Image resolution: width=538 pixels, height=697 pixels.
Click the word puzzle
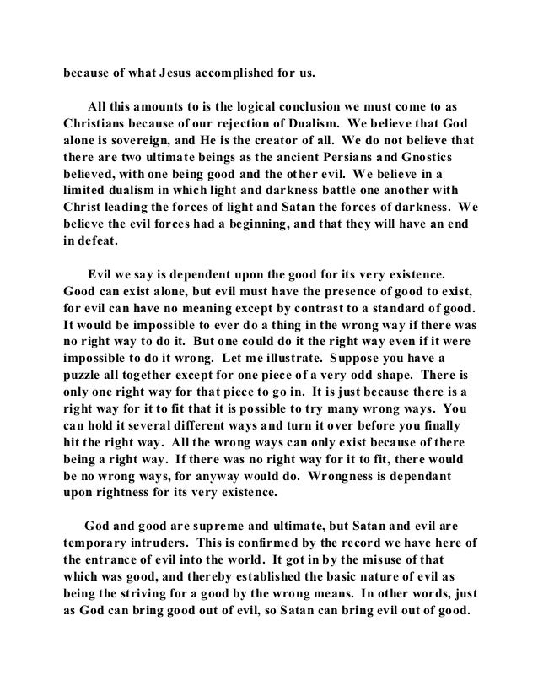tap(87, 384)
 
